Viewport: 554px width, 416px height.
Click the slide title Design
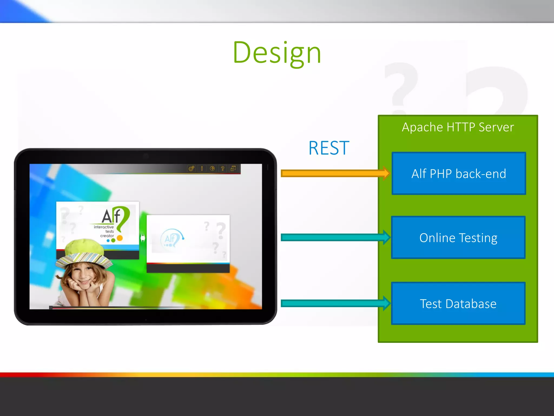point(277,53)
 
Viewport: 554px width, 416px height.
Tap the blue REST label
point(329,148)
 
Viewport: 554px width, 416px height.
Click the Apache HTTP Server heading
point(458,127)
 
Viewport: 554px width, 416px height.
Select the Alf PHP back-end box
point(459,173)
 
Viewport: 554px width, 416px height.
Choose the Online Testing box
point(458,238)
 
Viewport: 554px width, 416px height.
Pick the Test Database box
point(458,303)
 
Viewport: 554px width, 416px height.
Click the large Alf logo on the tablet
point(115,217)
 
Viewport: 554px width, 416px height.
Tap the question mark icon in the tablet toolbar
point(223,169)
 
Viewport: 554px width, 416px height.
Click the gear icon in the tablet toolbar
point(191,169)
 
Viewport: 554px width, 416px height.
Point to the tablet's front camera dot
point(146,156)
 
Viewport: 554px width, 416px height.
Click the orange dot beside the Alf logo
point(120,238)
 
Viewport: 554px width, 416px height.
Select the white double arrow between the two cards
point(143,238)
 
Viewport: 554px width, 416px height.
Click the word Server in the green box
point(496,127)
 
